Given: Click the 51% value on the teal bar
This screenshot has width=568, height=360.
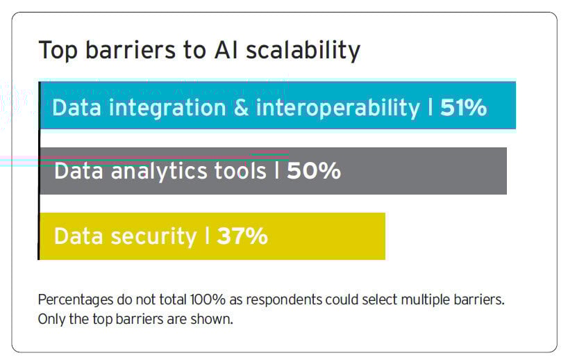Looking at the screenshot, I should coord(463,108).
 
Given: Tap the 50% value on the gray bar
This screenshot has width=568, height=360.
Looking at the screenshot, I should coord(314,171).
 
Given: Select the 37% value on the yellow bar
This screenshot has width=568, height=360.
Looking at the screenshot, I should coord(242,236).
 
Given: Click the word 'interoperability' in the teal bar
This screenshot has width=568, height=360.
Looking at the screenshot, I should coord(338,108).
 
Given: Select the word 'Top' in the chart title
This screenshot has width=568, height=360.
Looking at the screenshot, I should coord(55,51).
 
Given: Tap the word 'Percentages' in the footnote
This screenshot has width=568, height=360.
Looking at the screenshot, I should coord(72,300).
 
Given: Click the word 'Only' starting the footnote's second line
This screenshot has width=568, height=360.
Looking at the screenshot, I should coord(49,319).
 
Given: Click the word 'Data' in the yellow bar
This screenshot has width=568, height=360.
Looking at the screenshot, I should coord(77,236).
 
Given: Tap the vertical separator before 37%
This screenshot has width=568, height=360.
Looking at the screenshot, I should coord(207,236).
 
